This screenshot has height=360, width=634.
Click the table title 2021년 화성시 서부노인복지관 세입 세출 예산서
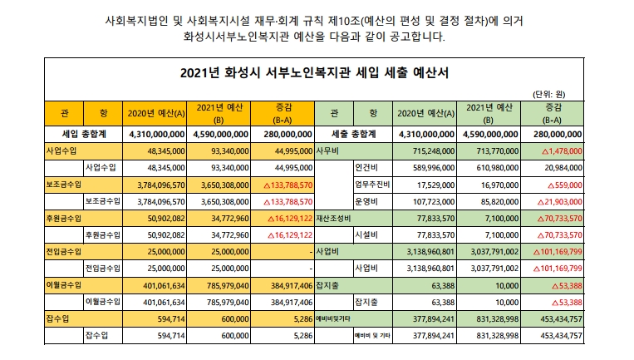point(314,72)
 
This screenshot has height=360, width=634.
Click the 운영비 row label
point(367,200)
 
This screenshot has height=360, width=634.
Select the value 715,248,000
point(426,150)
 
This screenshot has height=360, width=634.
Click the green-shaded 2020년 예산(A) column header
point(425,112)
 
